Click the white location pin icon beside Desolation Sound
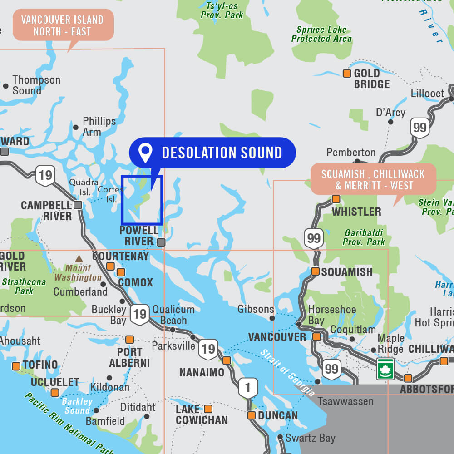pos(145,153)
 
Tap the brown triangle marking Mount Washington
pos(79,259)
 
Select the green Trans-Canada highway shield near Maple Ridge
pos(385,368)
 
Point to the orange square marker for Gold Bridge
pos(347,74)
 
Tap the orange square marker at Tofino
pos(16,366)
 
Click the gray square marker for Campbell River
pos(78,205)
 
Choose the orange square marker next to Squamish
pos(315,272)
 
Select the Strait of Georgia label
pos(287,373)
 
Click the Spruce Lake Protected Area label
pos(321,35)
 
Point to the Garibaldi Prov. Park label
pos(364,237)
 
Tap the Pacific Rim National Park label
pos(68,423)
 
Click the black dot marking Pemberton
pos(357,161)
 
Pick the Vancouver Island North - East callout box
pos(62,25)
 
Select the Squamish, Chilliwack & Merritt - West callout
pos(373,179)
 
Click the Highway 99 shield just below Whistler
pos(314,237)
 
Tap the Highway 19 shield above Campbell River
pos(45,175)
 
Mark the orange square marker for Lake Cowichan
pos(208,409)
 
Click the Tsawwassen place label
pos(345,401)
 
